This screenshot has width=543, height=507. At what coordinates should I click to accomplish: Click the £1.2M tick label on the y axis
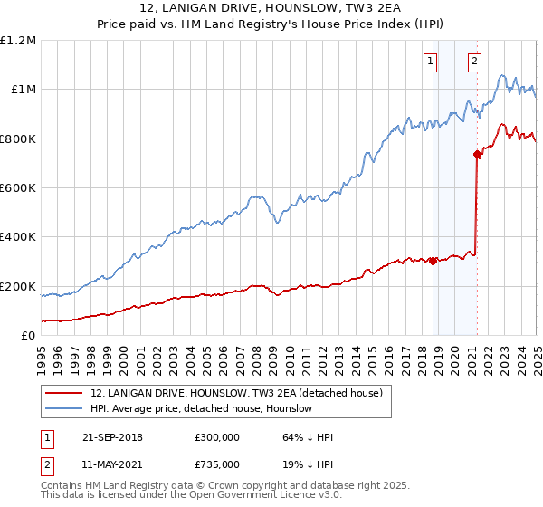[19, 41]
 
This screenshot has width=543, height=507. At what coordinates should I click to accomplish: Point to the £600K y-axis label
[18, 188]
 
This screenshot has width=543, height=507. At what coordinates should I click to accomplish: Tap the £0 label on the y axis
[29, 336]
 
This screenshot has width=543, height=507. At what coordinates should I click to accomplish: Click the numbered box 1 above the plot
[429, 62]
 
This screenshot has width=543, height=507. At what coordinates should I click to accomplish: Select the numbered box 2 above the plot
[474, 62]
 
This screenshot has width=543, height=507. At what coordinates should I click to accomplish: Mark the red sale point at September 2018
[433, 262]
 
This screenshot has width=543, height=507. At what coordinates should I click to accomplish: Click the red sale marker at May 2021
[477, 155]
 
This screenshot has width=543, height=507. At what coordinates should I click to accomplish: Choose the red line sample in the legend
[63, 393]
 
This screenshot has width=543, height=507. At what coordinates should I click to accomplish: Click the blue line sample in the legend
[63, 409]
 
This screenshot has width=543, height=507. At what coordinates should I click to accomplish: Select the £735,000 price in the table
[217, 464]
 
